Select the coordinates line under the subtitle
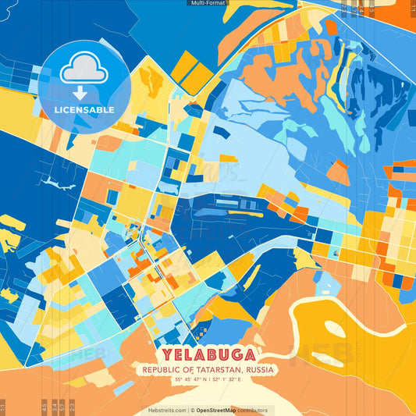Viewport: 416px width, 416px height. tap(208, 380)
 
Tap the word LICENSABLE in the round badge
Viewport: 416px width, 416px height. tap(84, 110)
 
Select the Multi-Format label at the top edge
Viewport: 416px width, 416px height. tap(208, 3)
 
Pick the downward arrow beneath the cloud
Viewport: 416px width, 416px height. tap(84, 93)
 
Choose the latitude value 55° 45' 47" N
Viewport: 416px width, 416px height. tap(187, 380)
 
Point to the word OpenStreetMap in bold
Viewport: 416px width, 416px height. tap(218, 410)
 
